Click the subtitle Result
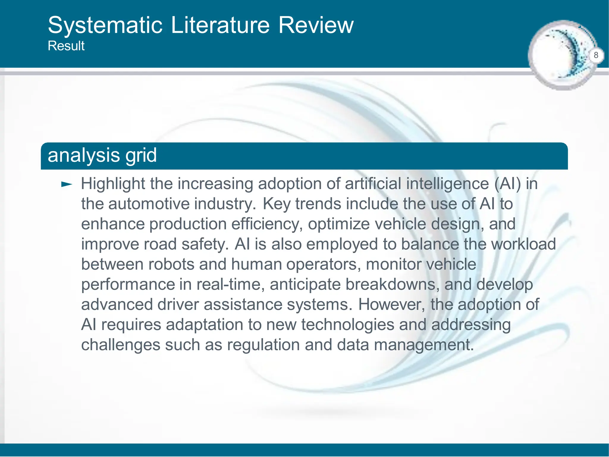(x=66, y=46)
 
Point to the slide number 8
(x=596, y=55)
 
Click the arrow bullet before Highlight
(x=66, y=184)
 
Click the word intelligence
(x=447, y=184)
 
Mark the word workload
(x=523, y=244)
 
